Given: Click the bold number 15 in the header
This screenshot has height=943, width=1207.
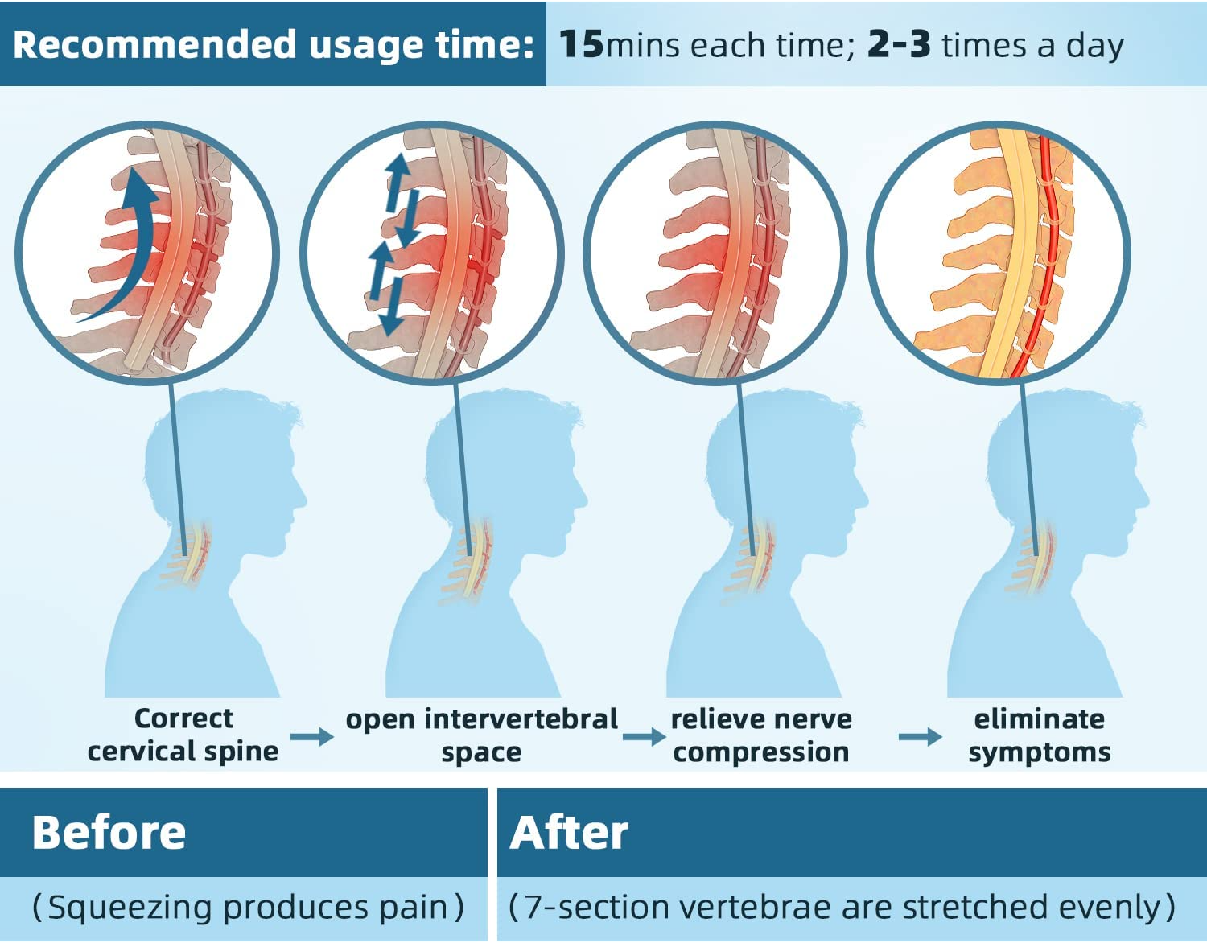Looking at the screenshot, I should pos(581,44).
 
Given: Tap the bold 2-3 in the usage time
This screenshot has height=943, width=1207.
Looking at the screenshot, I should pos(899,45).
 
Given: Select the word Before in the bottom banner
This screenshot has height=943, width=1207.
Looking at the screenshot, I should pos(109,833).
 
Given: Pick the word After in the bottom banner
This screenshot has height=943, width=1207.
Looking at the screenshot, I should pos(569,833).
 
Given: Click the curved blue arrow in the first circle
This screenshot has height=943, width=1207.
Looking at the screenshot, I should pos(129,241).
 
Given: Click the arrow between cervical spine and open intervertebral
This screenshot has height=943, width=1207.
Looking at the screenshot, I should pos(311,736).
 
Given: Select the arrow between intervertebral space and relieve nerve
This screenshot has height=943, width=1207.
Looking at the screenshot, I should pos(643,736).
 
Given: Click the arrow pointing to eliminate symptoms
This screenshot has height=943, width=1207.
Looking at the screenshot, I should pos(919,736).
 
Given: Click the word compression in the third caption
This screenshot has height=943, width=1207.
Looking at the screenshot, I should pos(761,752).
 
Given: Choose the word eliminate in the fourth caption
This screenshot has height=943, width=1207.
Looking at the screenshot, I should pos(1039,719).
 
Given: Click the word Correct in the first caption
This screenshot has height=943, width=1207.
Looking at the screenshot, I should pos(183,718).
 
